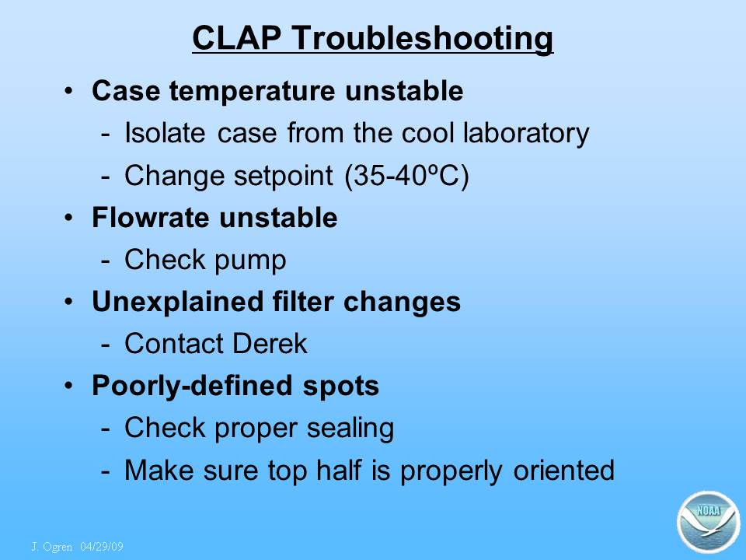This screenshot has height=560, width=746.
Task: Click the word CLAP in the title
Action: [x=236, y=37]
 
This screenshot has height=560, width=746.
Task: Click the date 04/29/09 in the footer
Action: [x=102, y=546]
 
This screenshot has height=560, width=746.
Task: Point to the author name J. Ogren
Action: [x=52, y=547]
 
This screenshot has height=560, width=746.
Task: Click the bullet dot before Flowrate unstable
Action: [x=69, y=217]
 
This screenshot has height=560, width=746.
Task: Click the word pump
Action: [x=250, y=261]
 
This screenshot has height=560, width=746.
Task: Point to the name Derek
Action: [x=270, y=343]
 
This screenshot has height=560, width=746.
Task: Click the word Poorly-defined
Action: [x=193, y=386]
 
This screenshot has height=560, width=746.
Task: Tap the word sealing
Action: [x=350, y=428]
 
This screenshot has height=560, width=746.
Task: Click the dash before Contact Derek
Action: [x=106, y=345]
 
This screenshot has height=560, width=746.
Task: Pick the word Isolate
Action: [x=165, y=132]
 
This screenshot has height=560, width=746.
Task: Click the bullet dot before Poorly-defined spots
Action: [x=69, y=385]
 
